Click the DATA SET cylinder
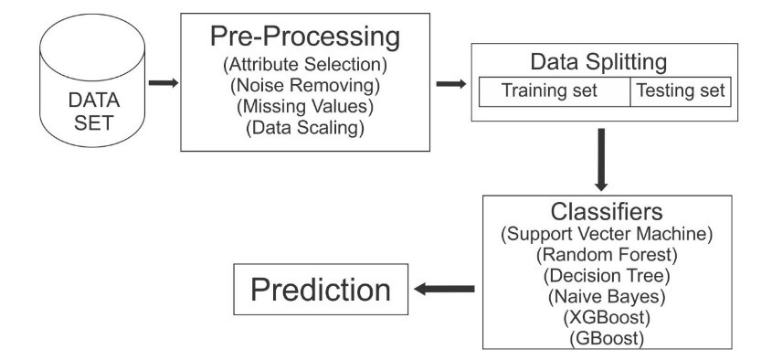[92, 80]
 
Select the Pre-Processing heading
[305, 37]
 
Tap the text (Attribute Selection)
[305, 65]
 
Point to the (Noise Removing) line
[305, 86]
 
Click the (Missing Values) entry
[305, 107]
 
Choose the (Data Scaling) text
[305, 128]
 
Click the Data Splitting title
[598, 62]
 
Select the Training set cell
[555, 91]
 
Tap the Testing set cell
[681, 91]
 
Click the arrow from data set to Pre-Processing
[164, 83]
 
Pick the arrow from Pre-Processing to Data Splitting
[451, 84]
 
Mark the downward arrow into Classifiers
[601, 160]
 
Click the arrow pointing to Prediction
[444, 289]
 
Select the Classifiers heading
[607, 212]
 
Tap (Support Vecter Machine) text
[607, 234]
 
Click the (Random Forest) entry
[607, 255]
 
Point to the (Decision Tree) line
[607, 276]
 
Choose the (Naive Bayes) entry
[607, 297]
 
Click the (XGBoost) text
[607, 318]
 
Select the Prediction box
[321, 289]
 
